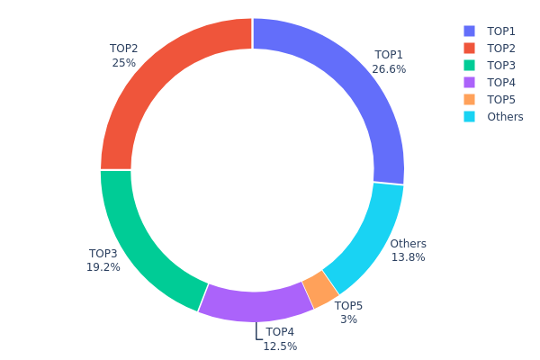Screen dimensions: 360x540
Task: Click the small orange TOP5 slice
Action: click(320, 288)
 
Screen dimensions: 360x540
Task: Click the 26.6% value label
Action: click(389, 68)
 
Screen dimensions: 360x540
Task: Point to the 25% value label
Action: click(123, 63)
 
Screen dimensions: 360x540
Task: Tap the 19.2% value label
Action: click(103, 267)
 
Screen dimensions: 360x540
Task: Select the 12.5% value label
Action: click(280, 346)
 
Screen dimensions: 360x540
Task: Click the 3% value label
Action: click(348, 319)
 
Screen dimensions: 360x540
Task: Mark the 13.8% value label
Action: click(408, 257)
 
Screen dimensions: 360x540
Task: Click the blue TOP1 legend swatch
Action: click(470, 31)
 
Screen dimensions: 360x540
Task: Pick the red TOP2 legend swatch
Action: click(470, 48)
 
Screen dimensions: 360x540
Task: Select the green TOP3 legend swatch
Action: click(470, 65)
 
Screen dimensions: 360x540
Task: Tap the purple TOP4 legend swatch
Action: click(470, 82)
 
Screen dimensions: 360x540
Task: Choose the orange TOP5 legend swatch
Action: click(470, 99)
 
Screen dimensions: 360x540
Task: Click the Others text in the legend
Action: click(505, 116)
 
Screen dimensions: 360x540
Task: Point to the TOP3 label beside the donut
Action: click(103, 254)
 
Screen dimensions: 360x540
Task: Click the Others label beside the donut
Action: click(409, 244)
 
